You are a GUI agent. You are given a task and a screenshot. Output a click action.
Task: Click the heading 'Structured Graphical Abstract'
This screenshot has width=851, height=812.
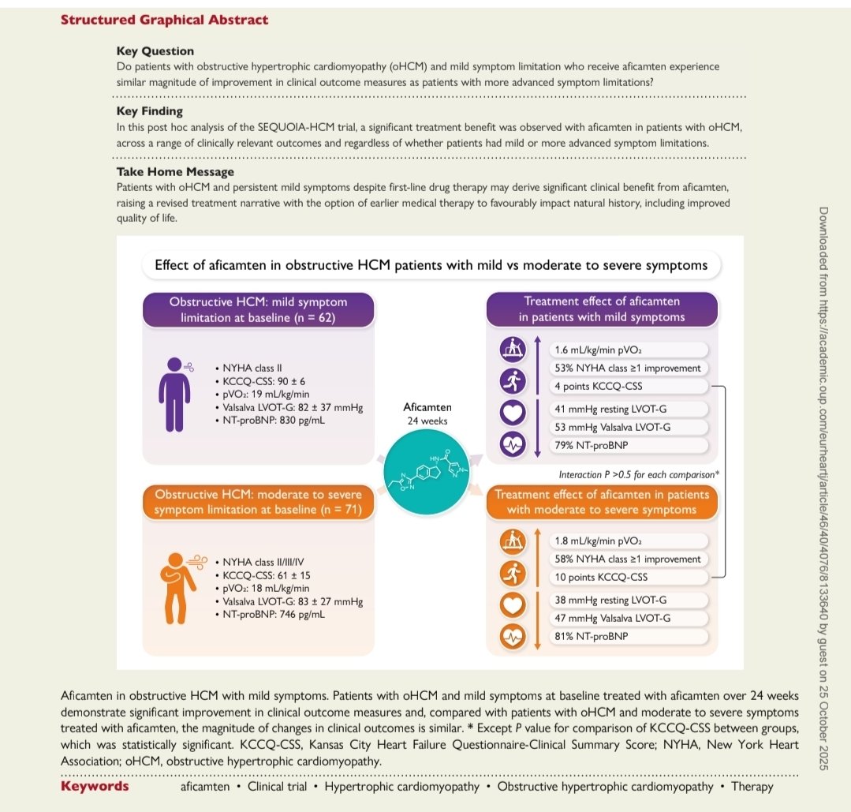point(164,20)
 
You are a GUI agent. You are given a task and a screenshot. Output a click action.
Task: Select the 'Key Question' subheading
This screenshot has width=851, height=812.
point(155,51)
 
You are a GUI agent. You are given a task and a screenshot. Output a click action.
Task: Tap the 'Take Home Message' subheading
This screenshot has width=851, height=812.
point(175,170)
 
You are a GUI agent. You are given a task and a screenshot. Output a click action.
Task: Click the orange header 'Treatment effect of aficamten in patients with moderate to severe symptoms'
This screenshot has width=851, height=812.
point(601,502)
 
